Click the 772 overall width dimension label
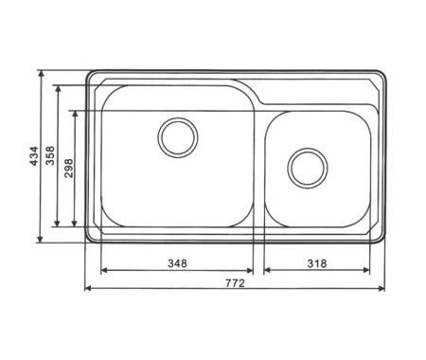point(235,283)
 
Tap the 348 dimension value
point(177,263)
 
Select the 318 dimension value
point(317,263)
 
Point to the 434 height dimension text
point(34,155)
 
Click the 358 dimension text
point(50,155)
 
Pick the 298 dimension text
point(68,168)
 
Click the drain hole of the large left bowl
point(178,137)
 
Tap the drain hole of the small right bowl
point(308,168)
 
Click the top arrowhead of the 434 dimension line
point(41,74)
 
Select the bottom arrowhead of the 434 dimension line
point(40,239)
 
